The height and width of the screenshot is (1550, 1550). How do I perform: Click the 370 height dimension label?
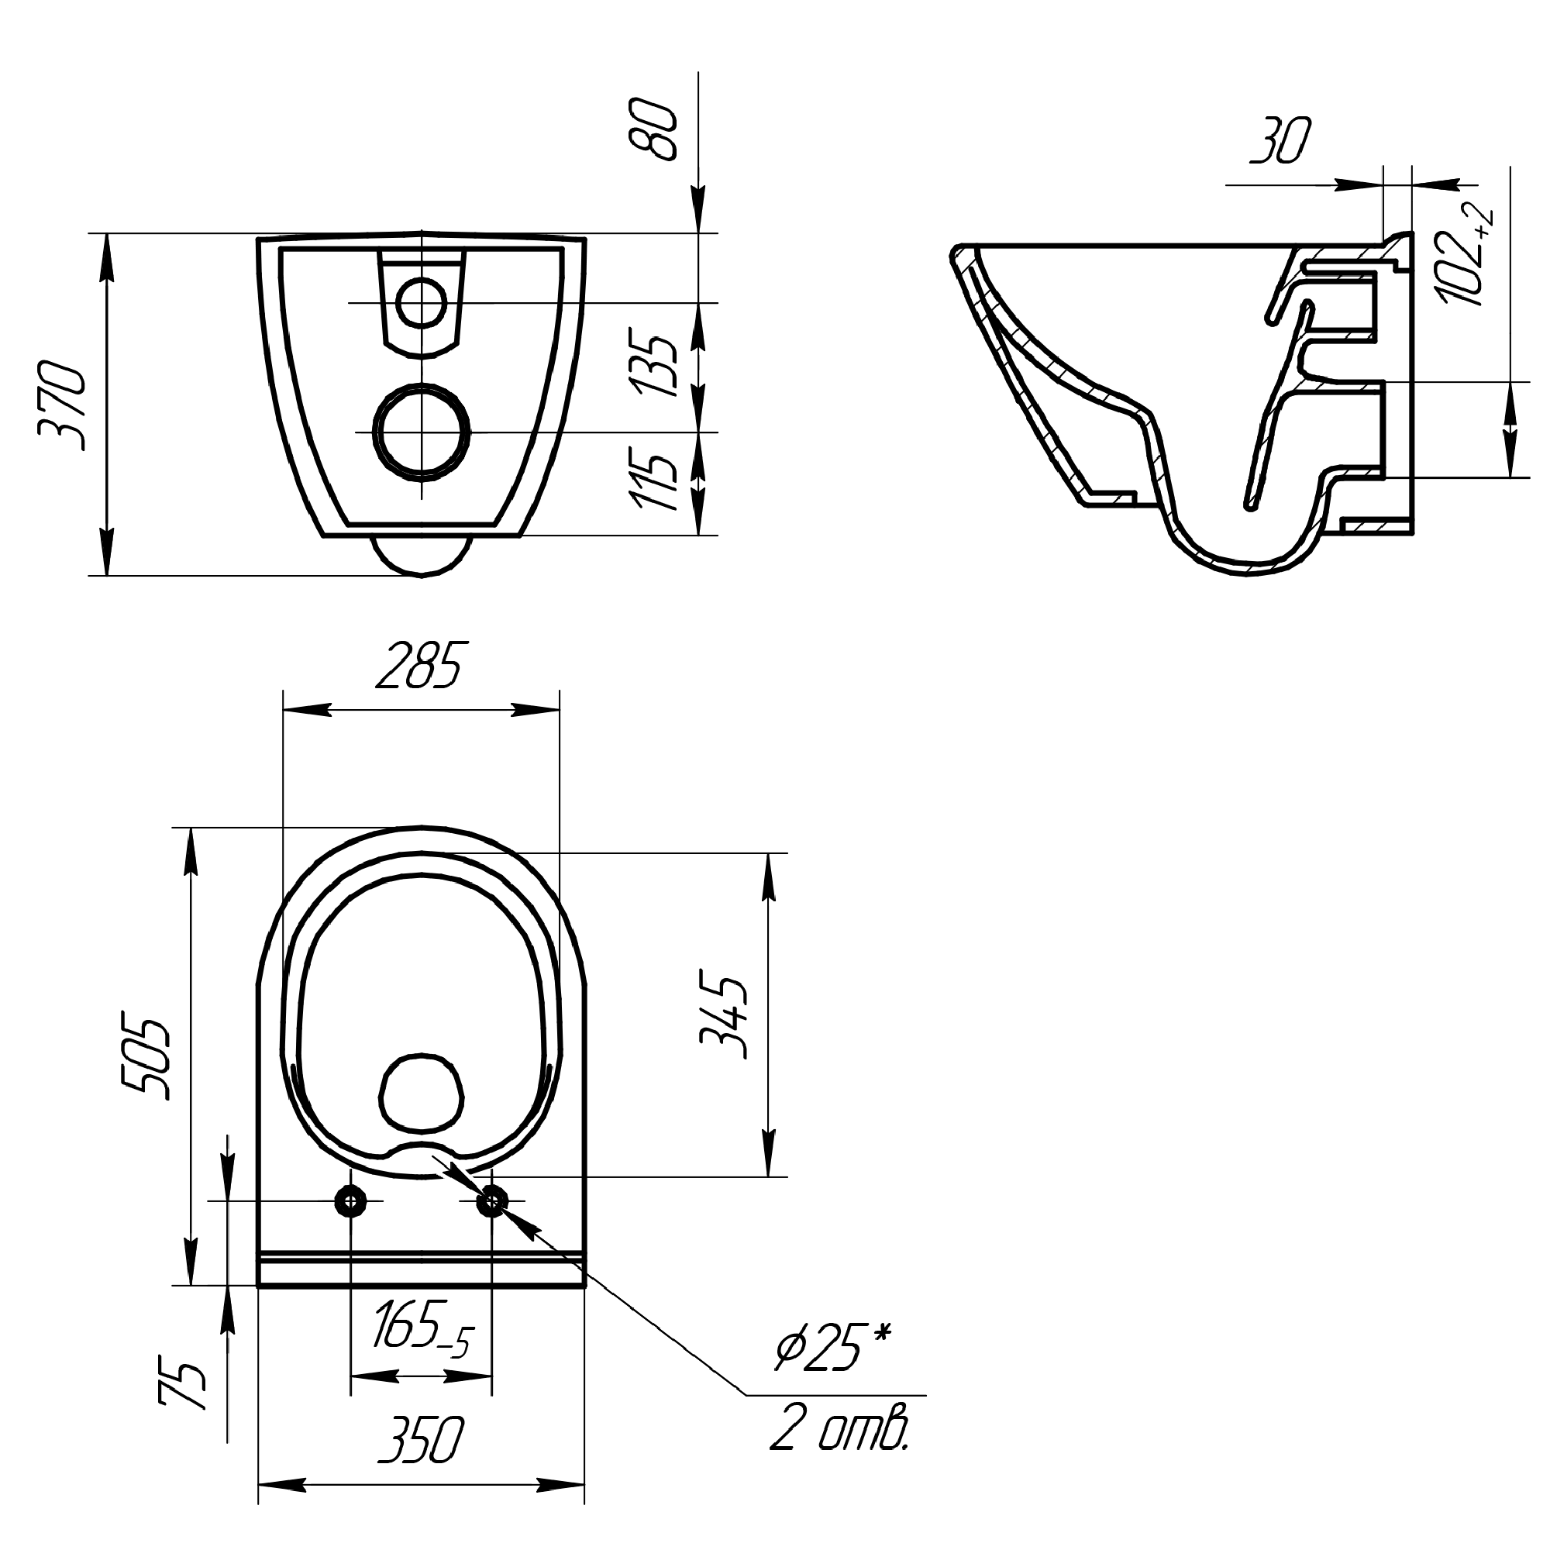pyautogui.click(x=63, y=408)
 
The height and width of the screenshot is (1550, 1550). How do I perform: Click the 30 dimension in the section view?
pyautogui.click(x=1281, y=141)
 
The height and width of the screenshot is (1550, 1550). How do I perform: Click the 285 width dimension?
pyautogui.click(x=419, y=666)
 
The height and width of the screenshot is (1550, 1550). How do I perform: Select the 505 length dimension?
pyautogui.click(x=146, y=1059)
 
